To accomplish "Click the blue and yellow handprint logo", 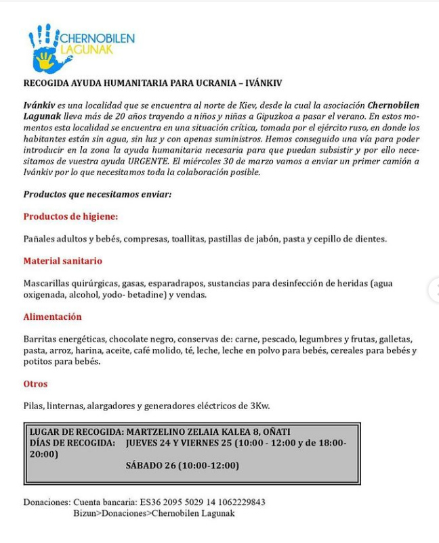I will (x=49, y=49).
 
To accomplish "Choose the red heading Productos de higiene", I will (x=70, y=216).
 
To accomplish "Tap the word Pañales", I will (x=40, y=239).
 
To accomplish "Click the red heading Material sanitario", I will (x=62, y=260).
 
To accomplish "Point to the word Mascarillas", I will (x=49, y=283).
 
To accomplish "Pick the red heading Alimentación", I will (x=52, y=316).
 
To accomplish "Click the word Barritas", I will (x=41, y=339).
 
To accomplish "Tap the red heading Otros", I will (x=35, y=383).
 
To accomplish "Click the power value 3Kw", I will (x=260, y=406).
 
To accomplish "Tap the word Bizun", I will (x=85, y=513).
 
